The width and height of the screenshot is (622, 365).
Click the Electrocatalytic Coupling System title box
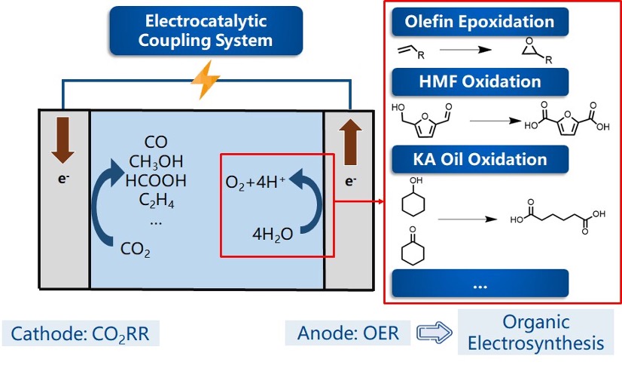coord(206,30)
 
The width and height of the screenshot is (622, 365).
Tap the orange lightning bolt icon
coord(205,81)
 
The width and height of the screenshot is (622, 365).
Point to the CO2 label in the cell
coord(136,249)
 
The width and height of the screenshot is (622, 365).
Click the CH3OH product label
coord(157,162)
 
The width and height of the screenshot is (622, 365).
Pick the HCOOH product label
coord(157,181)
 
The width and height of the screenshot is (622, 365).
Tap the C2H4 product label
coord(156,201)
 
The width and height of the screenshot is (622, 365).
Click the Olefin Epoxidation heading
coord(480,21)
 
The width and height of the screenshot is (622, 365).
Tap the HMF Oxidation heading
coord(480,81)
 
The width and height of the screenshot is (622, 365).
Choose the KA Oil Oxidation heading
coord(480,160)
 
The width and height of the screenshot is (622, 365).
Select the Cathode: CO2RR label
coord(81,333)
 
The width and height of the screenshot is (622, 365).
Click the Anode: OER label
coord(348,333)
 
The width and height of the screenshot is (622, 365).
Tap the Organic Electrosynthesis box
coord(535,333)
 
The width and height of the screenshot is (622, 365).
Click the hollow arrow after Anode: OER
coord(431,333)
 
